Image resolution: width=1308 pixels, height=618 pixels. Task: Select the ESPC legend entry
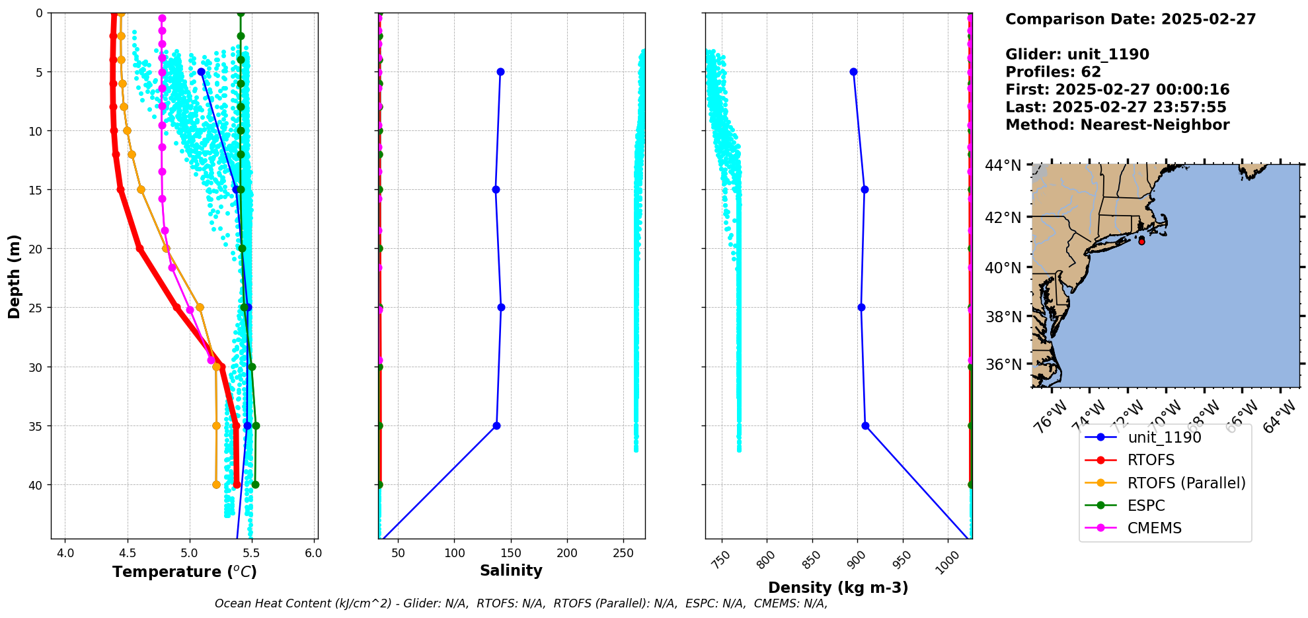(x=1146, y=506)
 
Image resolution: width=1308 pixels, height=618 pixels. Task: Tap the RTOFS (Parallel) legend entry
(x=1186, y=483)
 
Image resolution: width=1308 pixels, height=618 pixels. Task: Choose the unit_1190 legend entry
(x=1164, y=437)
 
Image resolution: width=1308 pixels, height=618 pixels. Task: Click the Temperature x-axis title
(x=184, y=572)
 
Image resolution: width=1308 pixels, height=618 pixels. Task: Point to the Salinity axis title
(x=511, y=570)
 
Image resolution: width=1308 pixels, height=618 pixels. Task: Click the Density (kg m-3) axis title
(x=837, y=588)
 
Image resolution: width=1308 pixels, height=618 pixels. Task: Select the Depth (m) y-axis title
(x=14, y=276)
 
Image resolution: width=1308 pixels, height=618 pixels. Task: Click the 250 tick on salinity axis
(x=623, y=553)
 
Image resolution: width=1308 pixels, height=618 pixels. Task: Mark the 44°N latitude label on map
(x=1003, y=165)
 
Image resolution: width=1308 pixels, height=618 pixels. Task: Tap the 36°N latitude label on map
(x=1003, y=365)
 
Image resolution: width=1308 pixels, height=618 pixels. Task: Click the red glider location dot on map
(x=1141, y=242)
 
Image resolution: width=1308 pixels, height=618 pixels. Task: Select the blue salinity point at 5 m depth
(x=500, y=71)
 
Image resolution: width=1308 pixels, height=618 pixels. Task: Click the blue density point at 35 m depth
(x=865, y=425)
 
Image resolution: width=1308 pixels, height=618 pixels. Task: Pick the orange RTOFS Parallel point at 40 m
(x=216, y=484)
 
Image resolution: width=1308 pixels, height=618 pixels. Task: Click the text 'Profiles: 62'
(x=1053, y=72)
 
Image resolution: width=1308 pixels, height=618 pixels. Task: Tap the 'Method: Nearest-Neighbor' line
(x=1117, y=125)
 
